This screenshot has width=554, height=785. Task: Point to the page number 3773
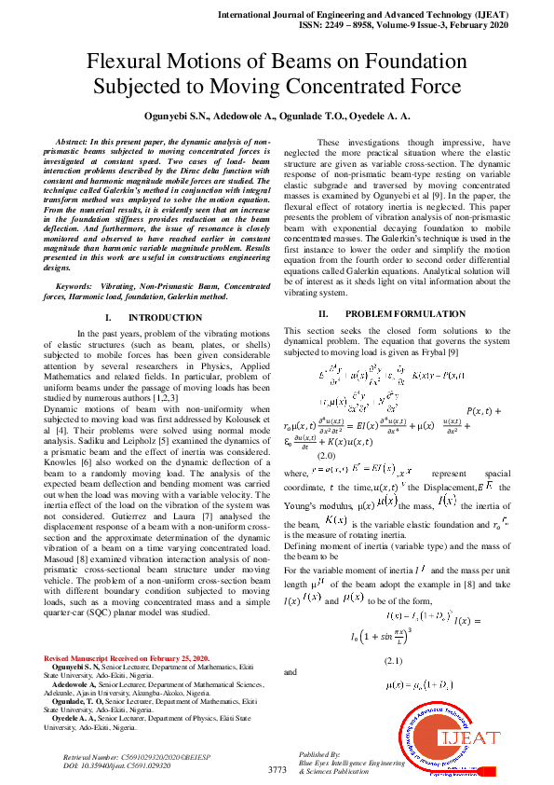(277, 769)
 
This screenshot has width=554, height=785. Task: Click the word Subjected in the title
(144, 88)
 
